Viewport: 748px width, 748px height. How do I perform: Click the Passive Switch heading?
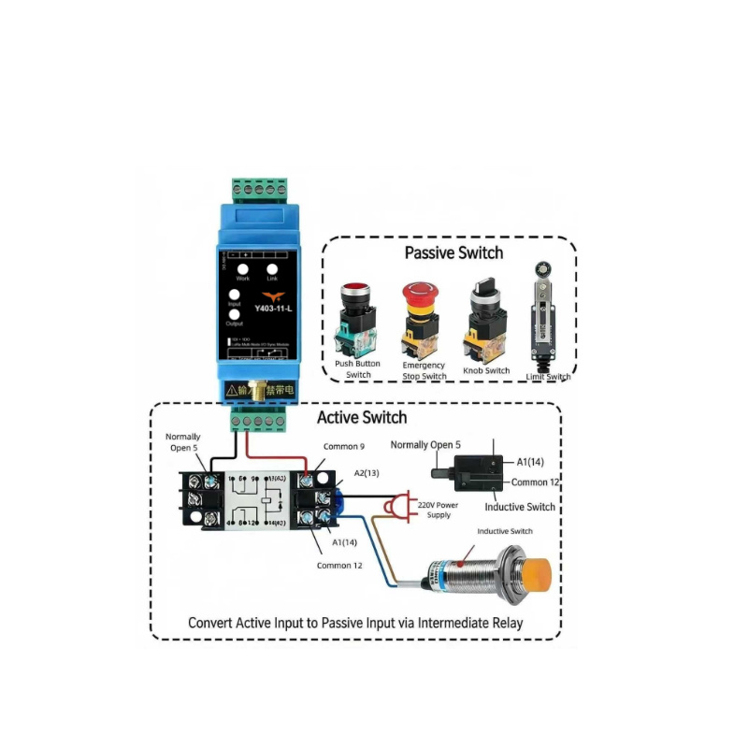pos(453,252)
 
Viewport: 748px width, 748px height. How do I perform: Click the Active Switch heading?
pos(362,417)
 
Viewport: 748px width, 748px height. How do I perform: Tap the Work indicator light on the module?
pos(243,267)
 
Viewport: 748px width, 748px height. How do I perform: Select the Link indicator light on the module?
pos(272,267)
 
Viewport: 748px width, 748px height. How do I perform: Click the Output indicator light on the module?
pos(236,315)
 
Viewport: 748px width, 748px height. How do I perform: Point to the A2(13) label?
pos(366,473)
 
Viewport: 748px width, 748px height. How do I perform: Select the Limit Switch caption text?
pos(547,377)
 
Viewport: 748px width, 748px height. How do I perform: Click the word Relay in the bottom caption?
pos(497,622)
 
